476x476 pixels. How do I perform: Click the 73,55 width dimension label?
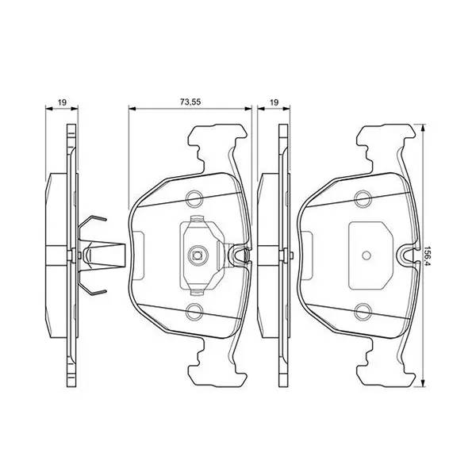coord(190,102)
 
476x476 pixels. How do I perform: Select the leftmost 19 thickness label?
coord(62,102)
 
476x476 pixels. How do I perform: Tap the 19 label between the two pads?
coord(274,102)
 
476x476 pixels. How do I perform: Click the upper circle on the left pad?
coord(194,199)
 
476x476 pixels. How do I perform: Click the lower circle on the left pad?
coord(194,312)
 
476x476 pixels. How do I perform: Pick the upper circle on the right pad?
coord(363,199)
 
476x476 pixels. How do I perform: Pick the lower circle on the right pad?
coord(363,312)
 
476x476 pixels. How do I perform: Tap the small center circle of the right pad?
coord(367,255)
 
